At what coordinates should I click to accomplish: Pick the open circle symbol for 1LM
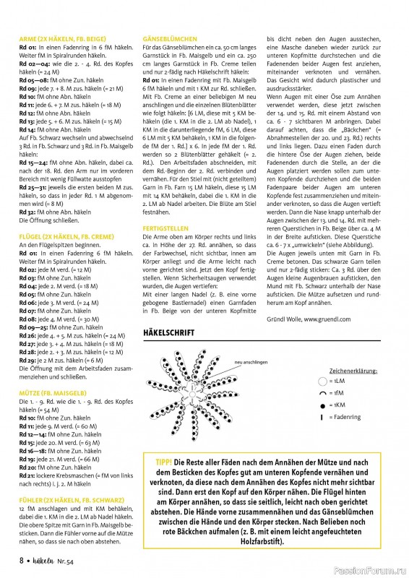point(322,379)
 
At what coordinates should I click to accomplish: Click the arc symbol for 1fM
point(322,392)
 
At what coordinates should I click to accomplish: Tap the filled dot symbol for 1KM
point(322,405)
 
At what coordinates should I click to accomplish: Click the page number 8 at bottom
point(22,560)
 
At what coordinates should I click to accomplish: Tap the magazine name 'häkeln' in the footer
point(45,560)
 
